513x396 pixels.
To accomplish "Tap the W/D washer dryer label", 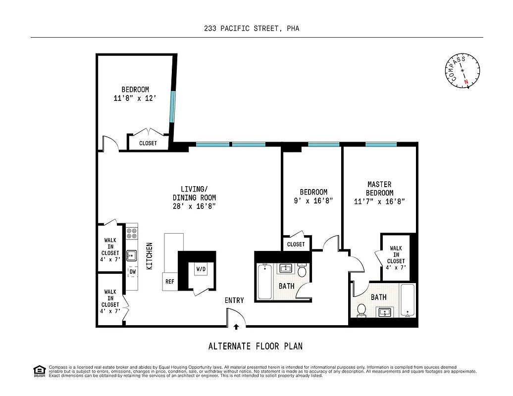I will [x=201, y=269].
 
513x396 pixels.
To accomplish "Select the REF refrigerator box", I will [x=170, y=281].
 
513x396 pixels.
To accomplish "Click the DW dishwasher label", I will [x=132, y=272].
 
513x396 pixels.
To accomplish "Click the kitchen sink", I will [x=131, y=256].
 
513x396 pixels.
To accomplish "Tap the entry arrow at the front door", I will [x=236, y=326].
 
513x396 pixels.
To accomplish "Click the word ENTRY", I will [x=234, y=300].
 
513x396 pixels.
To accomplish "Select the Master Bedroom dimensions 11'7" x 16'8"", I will [x=380, y=201].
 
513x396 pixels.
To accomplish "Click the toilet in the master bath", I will [x=361, y=310].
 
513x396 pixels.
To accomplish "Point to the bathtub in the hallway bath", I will [x=264, y=281].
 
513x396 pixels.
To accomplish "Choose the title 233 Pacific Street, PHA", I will [x=252, y=29].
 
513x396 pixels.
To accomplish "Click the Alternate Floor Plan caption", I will [x=256, y=346].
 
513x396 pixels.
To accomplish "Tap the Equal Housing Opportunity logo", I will [x=38, y=370].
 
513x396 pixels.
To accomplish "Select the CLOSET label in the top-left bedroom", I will [x=148, y=143].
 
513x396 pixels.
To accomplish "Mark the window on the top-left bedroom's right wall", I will [x=171, y=106].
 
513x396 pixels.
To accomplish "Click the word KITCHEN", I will [x=149, y=255].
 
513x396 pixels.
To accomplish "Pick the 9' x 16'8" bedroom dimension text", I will [x=313, y=200].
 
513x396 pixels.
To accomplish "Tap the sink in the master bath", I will [x=385, y=312].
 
